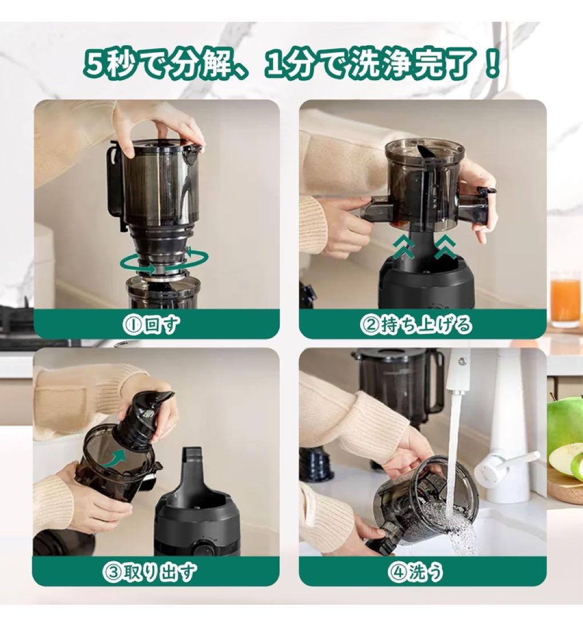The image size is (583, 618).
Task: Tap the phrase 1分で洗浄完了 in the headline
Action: coord(382,64)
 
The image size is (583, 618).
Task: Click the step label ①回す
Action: coord(156,324)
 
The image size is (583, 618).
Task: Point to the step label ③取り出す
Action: coord(156,571)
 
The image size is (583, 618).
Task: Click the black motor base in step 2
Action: coord(426,286)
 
